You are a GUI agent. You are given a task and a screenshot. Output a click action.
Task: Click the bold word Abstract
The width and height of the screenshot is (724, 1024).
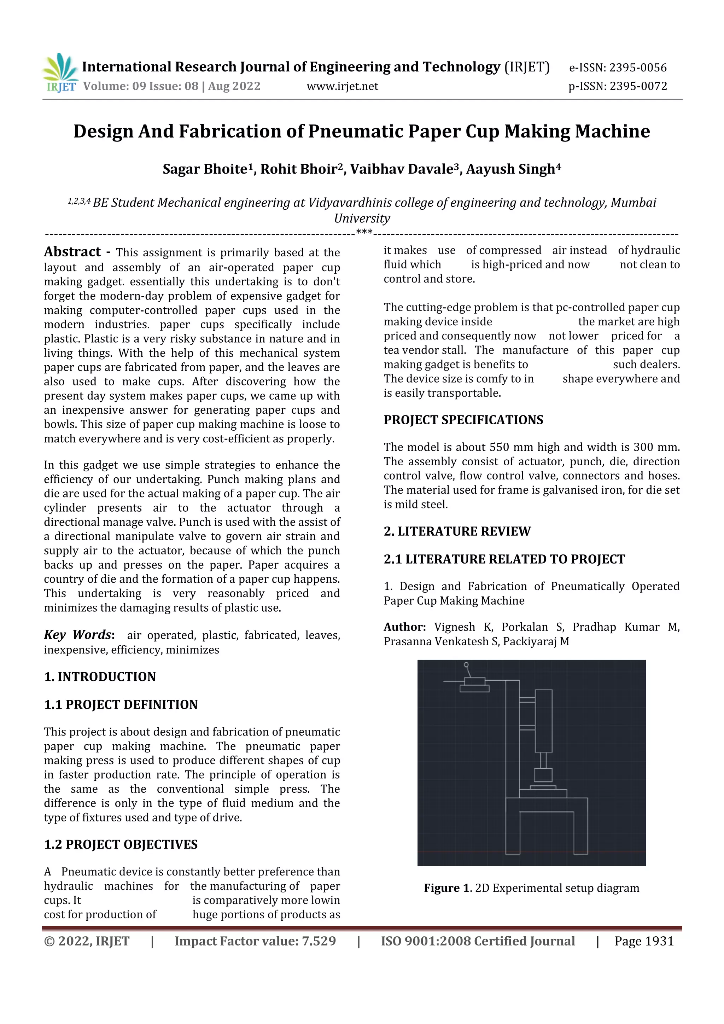pyautogui.click(x=72, y=252)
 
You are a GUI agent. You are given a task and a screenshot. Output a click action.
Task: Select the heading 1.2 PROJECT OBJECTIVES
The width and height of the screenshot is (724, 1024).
pyautogui.click(x=120, y=844)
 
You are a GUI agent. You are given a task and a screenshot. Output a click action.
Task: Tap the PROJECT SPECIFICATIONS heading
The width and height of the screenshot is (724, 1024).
pyautogui.click(x=463, y=420)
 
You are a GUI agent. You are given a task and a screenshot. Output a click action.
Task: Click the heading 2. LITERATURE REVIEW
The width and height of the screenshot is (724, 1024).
pyautogui.click(x=457, y=531)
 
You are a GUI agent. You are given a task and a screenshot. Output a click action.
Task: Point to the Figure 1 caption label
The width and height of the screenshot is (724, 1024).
pyautogui.click(x=447, y=888)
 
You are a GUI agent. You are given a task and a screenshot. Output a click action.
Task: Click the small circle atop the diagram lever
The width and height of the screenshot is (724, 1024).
pyautogui.click(x=466, y=664)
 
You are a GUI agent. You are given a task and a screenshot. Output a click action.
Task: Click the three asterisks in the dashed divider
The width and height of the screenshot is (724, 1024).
pyautogui.click(x=364, y=232)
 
